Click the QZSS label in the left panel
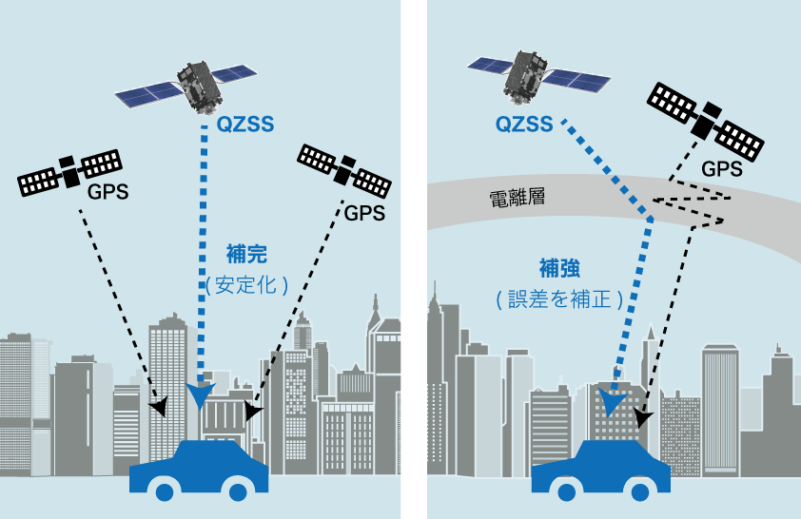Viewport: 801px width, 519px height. [x=245, y=124]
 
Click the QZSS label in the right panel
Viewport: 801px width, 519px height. [x=524, y=124]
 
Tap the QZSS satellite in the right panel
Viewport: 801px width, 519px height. [x=537, y=76]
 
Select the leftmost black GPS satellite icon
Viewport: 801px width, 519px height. [x=70, y=172]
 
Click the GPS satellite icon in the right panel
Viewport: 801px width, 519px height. [x=706, y=122]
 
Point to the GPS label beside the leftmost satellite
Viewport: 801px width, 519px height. [x=107, y=192]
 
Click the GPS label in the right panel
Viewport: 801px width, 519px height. [x=722, y=169]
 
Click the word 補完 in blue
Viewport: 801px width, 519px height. [x=246, y=254]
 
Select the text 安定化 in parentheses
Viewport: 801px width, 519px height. [x=245, y=285]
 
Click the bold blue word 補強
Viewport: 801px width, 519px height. [x=560, y=268]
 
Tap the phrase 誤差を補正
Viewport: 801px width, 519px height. [x=560, y=299]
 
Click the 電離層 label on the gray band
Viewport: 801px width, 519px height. [x=518, y=198]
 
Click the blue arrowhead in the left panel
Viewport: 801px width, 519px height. [x=200, y=395]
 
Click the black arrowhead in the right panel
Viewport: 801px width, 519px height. [x=643, y=417]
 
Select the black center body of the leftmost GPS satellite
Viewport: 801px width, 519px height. [x=70, y=172]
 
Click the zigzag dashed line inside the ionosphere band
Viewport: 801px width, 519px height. [x=690, y=205]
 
